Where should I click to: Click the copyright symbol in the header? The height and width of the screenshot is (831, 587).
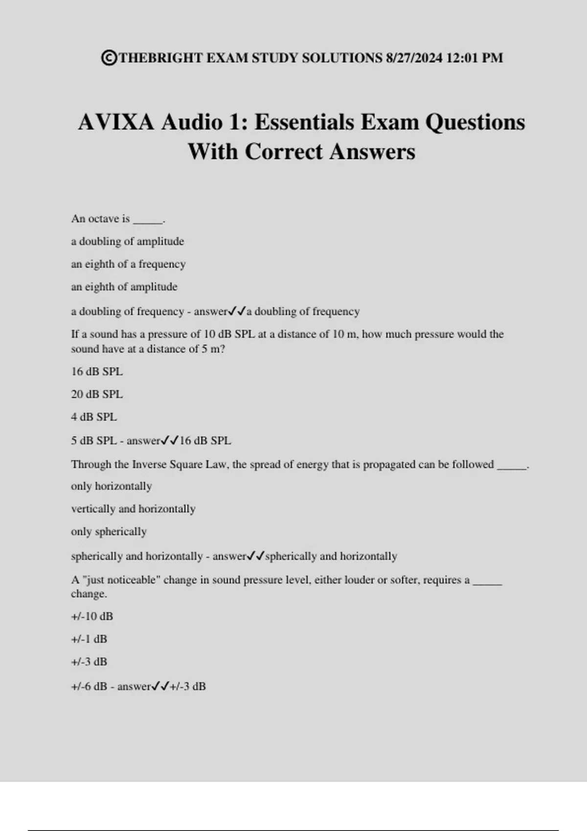coord(109,58)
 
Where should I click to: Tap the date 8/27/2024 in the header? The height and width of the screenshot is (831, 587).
coord(414,58)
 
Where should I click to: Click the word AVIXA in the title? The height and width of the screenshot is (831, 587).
coord(116,122)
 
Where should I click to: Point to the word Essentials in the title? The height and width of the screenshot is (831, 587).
coord(304,122)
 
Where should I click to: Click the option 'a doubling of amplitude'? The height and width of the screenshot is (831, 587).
coord(127,241)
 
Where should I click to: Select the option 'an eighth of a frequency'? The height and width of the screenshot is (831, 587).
coord(128,264)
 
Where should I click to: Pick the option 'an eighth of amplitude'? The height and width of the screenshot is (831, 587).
coord(124,287)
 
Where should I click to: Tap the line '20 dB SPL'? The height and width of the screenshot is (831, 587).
coord(97,394)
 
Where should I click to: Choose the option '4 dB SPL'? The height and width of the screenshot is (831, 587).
coord(94,417)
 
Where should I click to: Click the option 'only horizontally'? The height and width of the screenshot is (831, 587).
coord(112,486)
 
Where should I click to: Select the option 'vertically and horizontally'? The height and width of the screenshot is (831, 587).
coord(133,509)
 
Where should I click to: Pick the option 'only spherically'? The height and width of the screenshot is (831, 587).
coord(109,532)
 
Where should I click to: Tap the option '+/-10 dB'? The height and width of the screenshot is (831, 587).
coord(92,616)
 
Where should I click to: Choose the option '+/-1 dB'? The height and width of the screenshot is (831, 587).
coord(89,639)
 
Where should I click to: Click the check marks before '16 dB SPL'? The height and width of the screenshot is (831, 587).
coord(170,440)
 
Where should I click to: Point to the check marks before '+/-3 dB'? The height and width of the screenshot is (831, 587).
coord(160,686)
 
